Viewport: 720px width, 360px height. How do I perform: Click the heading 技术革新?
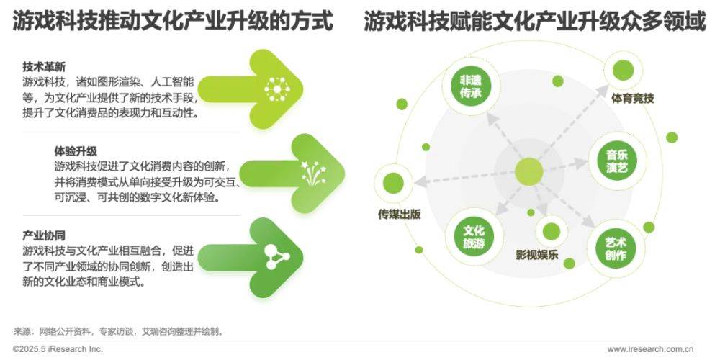tap(44, 68)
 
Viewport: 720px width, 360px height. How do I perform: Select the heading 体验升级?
tap(76, 151)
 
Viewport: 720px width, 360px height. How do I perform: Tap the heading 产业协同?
tap(44, 236)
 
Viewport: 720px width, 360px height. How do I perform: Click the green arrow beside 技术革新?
tap(251, 89)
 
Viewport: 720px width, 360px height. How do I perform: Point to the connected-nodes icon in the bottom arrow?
tap(277, 257)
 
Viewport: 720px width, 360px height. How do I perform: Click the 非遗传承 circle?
tap(470, 86)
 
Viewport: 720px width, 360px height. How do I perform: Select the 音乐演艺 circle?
tap(617, 161)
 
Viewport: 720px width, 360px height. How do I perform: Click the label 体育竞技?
tap(632, 98)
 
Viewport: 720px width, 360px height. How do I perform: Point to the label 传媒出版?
tap(399, 215)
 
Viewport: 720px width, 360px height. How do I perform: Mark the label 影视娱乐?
tap(537, 254)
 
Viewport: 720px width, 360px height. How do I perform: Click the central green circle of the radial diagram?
tap(529, 172)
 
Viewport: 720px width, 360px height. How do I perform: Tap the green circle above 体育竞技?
tap(623, 71)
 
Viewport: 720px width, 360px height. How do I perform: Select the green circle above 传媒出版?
tap(394, 184)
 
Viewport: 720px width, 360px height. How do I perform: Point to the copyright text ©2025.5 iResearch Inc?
tap(58, 349)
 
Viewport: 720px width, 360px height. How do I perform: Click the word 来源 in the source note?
tap(22, 331)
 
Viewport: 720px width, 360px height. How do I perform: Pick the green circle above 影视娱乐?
tap(551, 231)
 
